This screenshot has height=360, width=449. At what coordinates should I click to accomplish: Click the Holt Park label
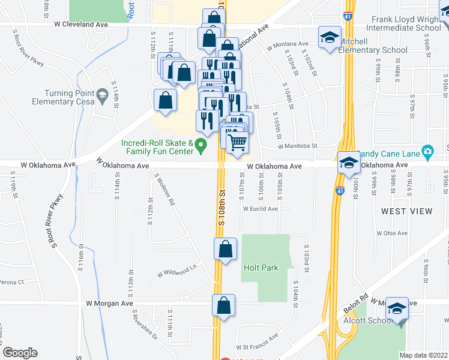point(261,268)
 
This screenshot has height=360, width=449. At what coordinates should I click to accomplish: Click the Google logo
point(20,353)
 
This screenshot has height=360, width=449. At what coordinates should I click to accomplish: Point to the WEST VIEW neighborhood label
point(406,211)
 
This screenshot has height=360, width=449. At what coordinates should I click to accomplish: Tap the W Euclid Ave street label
point(260,209)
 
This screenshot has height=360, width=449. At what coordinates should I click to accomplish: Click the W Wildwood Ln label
point(177,272)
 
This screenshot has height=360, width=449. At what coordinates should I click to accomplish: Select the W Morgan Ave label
point(109,304)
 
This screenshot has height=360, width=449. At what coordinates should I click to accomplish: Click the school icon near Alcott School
point(397,309)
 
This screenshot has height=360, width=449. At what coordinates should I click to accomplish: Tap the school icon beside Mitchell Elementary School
point(330,38)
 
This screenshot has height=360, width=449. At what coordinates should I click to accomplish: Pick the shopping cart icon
point(238,141)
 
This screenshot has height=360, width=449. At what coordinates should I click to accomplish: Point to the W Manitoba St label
point(297,146)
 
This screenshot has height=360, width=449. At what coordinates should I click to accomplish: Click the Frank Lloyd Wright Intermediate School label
point(406,23)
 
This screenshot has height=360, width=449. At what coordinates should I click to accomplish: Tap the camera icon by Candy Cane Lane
point(427,151)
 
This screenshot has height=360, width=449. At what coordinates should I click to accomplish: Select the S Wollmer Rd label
point(164,191)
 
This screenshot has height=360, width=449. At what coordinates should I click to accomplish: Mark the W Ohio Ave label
point(392,233)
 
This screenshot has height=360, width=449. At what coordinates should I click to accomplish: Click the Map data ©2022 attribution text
point(423,355)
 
